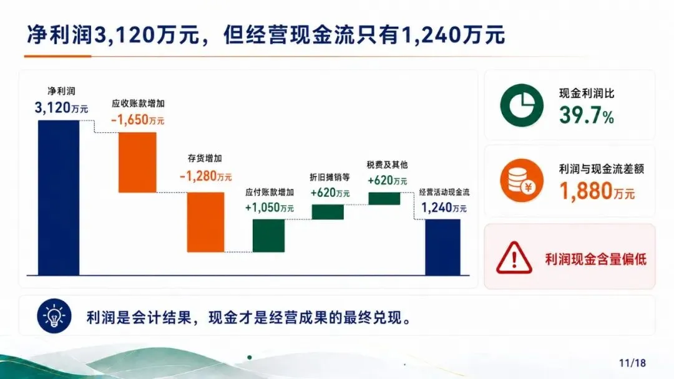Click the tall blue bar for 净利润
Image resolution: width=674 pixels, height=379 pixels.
(x=59, y=198)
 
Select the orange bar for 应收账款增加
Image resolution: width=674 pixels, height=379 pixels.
(x=137, y=162)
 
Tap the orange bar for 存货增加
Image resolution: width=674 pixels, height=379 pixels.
(x=205, y=222)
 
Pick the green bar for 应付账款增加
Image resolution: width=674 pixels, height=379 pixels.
(x=268, y=236)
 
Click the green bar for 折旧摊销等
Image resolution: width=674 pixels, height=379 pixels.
(x=328, y=212)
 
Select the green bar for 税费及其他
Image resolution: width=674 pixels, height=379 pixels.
(x=384, y=198)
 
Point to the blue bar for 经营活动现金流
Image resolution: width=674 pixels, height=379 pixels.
(x=442, y=247)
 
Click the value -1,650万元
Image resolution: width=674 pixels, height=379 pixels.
(x=137, y=120)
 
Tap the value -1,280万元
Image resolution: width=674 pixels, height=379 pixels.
(x=205, y=176)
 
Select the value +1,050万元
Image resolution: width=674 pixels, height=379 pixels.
(x=270, y=208)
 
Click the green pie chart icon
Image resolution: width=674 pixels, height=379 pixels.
(x=522, y=105)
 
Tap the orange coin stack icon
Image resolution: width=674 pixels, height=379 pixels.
(x=522, y=180)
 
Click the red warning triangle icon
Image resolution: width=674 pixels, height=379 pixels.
(x=514, y=257)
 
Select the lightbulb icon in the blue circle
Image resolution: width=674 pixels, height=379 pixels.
(x=54, y=316)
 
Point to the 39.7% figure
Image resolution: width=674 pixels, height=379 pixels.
(x=587, y=115)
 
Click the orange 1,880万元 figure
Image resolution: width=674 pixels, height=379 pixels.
(x=597, y=191)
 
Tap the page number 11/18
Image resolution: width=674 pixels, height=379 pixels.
(x=632, y=363)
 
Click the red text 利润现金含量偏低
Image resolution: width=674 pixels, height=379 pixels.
(x=596, y=259)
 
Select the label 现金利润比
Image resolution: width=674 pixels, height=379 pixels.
(x=587, y=93)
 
